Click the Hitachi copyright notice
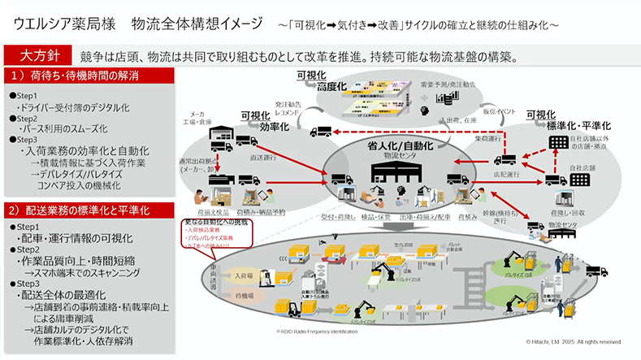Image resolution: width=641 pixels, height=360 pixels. [573, 341]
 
